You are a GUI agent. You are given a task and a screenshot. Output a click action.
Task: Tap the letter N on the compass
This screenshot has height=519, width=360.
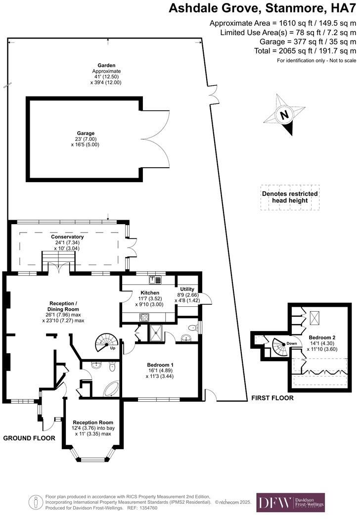point(284,115)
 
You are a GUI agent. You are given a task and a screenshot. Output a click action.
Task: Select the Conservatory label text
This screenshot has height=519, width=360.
point(68,237)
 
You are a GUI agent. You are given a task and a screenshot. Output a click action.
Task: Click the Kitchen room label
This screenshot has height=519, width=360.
point(149,293)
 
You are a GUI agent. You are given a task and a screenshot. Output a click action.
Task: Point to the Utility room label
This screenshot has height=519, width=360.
point(187,289)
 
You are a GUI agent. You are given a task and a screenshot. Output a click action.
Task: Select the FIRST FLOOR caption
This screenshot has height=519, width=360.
point(272,398)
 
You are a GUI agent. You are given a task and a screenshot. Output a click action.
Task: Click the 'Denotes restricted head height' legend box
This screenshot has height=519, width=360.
point(290,197)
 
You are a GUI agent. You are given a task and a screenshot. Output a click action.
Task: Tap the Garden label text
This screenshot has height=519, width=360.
point(106,65)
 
